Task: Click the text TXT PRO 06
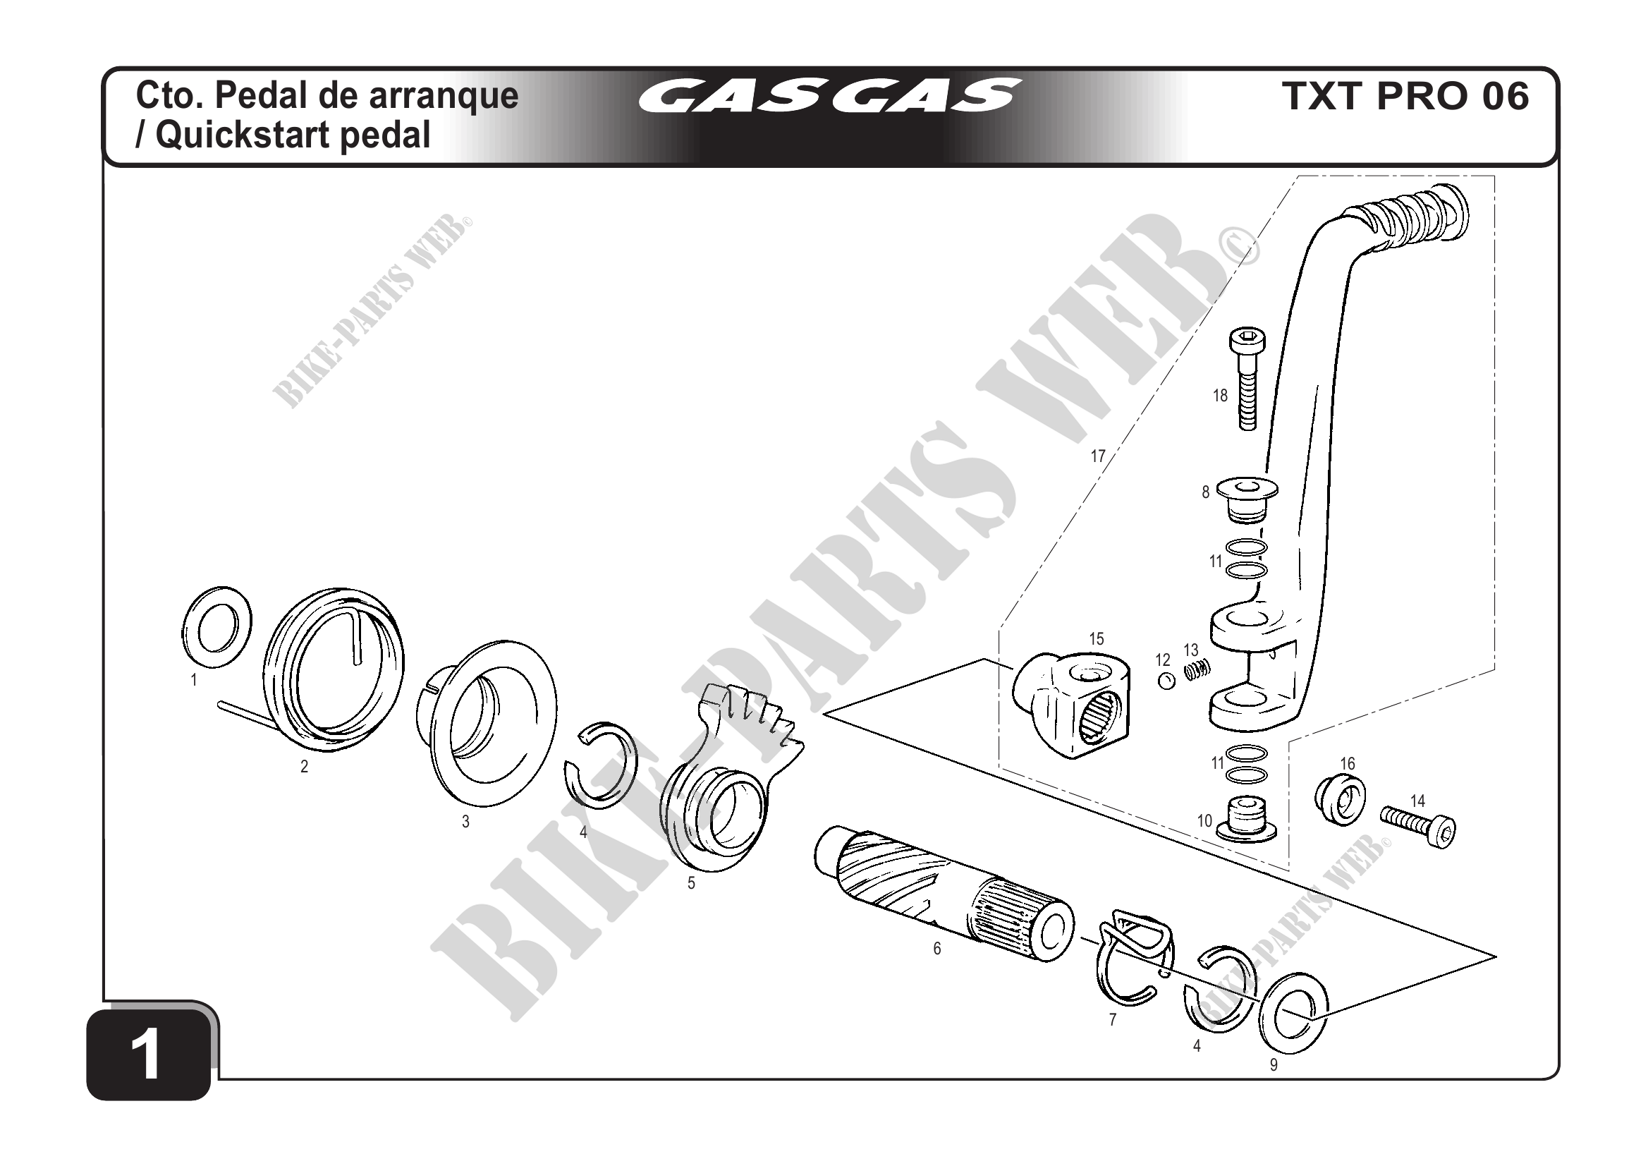point(1405,96)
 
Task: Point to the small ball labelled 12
point(1166,681)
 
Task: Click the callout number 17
point(1097,456)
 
